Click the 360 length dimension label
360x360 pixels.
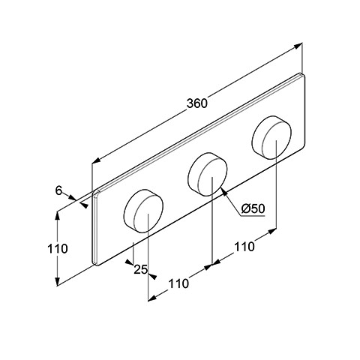coord(197,103)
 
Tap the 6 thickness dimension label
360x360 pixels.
coord(58,191)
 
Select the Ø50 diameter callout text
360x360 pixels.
coord(253,208)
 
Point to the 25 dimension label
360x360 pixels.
coord(140,269)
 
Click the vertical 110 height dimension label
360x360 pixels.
coord(58,249)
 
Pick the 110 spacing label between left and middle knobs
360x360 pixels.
coord(178,283)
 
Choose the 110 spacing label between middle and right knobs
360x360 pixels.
coord(244,247)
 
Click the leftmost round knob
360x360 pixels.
coord(143,211)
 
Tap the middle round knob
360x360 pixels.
coord(207,174)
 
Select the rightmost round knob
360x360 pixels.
coord(271,137)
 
